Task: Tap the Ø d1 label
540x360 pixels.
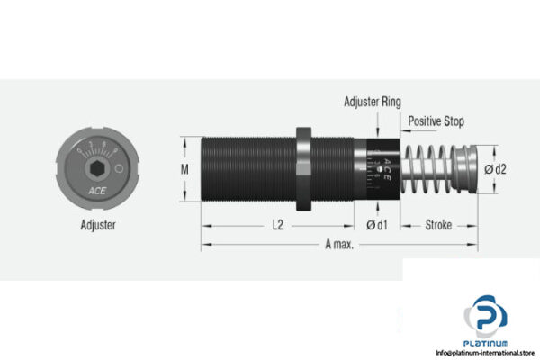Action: tap(376, 226)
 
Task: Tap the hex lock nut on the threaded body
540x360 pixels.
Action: tap(303, 167)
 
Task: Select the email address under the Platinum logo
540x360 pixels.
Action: tap(486, 352)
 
